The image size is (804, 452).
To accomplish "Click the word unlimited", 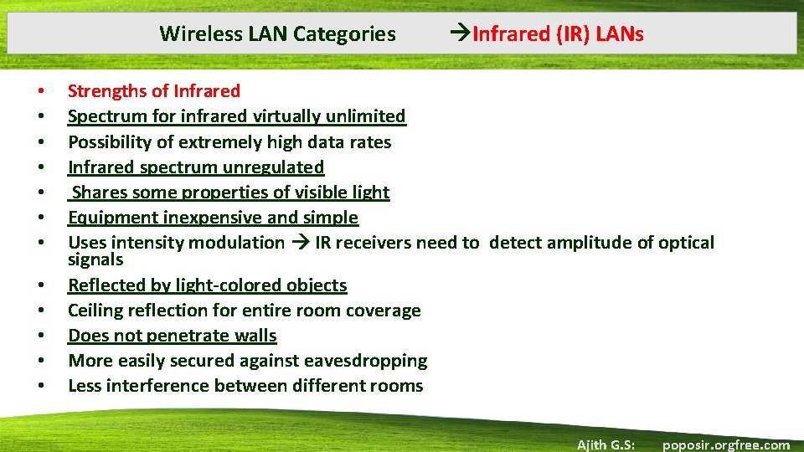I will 367,116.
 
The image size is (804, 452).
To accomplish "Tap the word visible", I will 317,193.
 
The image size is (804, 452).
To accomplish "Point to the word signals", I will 95,259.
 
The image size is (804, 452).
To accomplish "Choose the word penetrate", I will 180,336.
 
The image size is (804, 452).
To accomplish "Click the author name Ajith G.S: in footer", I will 605,444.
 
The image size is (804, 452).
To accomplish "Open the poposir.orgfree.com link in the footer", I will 725,444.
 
